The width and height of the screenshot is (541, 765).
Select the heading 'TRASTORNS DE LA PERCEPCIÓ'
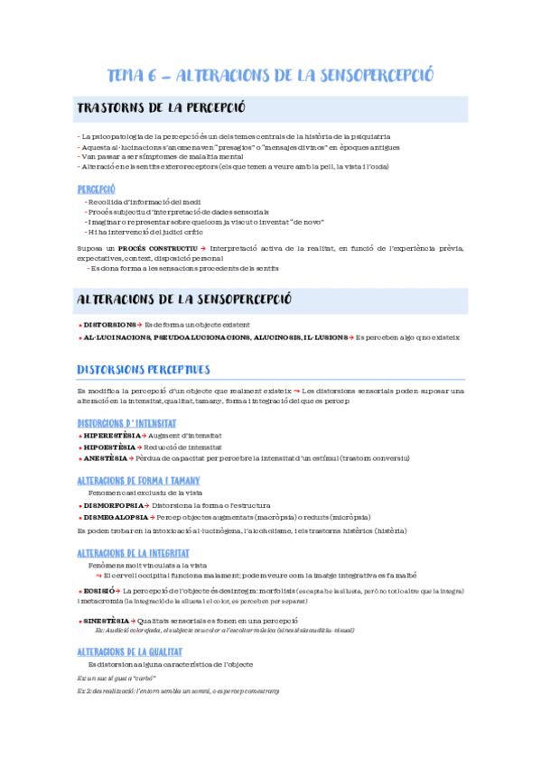[162, 109]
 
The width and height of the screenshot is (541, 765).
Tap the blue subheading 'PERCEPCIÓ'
[97, 189]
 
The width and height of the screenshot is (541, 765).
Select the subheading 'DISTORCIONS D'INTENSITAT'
[126, 422]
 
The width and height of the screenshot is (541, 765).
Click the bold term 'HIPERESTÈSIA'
[111, 435]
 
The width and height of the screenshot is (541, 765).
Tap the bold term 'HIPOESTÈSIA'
[109, 447]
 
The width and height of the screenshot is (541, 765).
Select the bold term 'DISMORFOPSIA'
[113, 505]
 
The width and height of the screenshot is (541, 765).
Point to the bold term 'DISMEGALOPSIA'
[116, 517]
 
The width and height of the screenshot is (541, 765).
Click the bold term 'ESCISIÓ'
[98, 590]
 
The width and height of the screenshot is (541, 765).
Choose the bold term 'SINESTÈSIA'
[106, 621]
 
